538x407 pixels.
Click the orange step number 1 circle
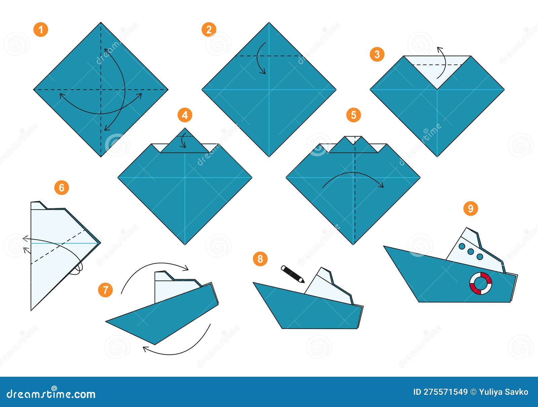click(41, 30)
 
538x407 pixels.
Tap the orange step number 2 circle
click(209, 30)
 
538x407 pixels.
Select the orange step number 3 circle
click(377, 54)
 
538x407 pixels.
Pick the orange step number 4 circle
click(185, 115)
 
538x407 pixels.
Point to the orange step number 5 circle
click(353, 115)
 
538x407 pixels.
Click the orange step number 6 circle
click(62, 187)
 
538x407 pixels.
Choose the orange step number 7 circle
click(106, 290)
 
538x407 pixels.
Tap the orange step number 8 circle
click(260, 259)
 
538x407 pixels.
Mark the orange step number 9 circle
click(470, 209)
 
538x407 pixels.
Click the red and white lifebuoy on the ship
click(481, 284)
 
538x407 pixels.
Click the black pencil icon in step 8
click(292, 274)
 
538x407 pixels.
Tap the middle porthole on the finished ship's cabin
click(471, 252)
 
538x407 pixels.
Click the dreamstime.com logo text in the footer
click(51, 394)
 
